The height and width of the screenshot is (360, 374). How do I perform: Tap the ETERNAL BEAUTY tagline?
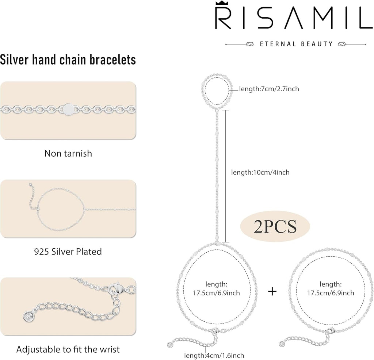coord(296,44)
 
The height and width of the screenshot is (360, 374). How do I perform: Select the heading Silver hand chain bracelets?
coord(68,60)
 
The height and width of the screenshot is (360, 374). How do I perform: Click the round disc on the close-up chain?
coord(68,108)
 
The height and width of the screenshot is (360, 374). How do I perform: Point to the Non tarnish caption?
coord(68,153)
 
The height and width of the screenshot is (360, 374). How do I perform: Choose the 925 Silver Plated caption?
coord(68,252)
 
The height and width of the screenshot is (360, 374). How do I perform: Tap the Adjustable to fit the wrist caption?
coord(68,349)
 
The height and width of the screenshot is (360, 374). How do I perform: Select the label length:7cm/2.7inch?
coord(269,88)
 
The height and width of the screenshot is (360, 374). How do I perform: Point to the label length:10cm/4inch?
coord(260,172)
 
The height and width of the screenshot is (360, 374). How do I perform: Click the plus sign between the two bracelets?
coord(272,291)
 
